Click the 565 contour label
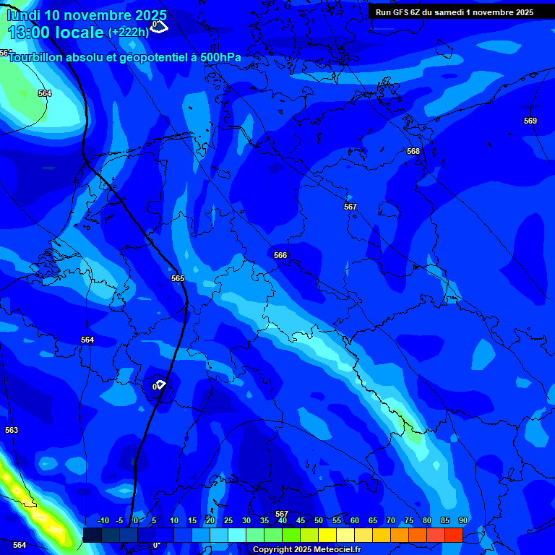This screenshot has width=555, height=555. (178, 278)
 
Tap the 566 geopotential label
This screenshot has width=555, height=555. (280, 255)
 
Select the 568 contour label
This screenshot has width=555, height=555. (413, 151)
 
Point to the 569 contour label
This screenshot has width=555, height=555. (530, 121)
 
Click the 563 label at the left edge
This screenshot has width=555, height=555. (12, 430)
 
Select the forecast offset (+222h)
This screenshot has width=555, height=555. (129, 33)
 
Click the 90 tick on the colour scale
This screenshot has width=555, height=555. (463, 521)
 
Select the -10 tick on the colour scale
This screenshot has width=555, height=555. (103, 521)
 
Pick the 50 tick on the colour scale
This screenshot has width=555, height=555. (319, 521)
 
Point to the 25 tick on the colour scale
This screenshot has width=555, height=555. (228, 521)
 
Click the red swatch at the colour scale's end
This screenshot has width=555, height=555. (453, 535)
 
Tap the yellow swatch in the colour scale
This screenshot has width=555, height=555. (327, 535)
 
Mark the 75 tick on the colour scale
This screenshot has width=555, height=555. (409, 521)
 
